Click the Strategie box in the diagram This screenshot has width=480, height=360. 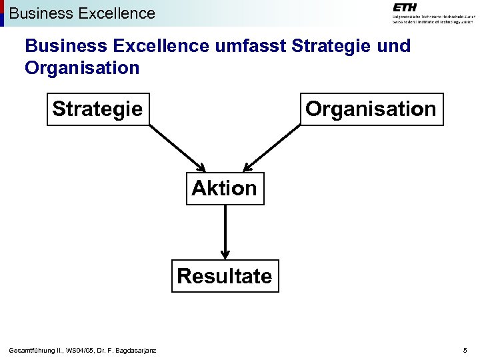pos(97,109)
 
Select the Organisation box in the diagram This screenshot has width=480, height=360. pos(371,109)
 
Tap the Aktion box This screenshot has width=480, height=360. pos(224,188)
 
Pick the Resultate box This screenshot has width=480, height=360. pos(225,276)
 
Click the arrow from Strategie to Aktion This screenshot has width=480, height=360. pos(176,147)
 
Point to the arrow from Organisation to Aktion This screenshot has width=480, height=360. pos(273,147)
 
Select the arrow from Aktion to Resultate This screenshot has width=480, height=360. pos(225,230)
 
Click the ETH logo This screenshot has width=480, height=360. pos(405,7)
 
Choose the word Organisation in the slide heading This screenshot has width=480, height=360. pos(82,68)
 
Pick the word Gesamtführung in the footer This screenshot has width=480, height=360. pos(33,351)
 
